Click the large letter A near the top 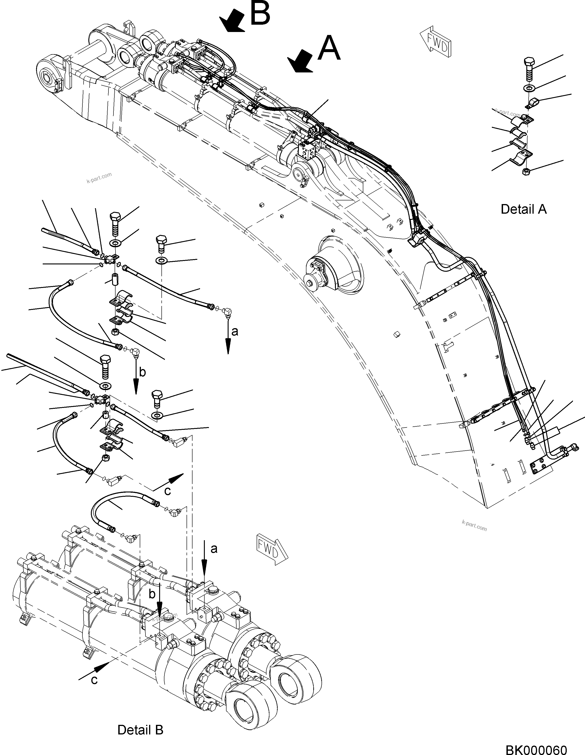329,49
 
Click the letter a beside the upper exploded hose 235,332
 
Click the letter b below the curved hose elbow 142,372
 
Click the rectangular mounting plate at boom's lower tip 540,467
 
